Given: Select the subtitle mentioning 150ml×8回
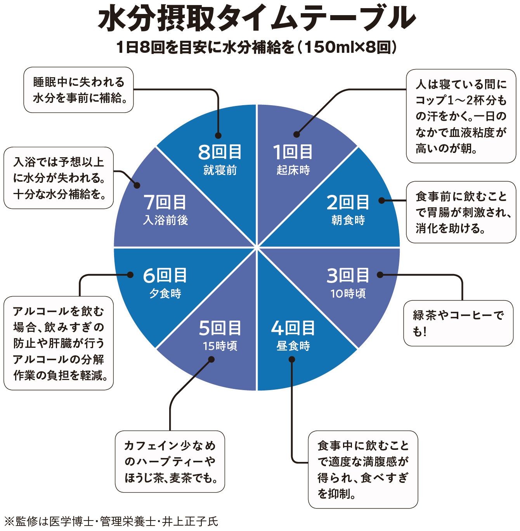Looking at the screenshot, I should click(x=257, y=47).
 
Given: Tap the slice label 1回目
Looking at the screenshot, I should click(x=293, y=152).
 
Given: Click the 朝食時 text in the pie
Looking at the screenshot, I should click(x=348, y=220).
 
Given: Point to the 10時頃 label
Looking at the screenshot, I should click(x=348, y=293).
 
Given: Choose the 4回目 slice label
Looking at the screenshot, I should click(x=293, y=328).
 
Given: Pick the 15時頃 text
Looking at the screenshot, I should click(x=220, y=346).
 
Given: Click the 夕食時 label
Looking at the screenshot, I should click(x=165, y=293).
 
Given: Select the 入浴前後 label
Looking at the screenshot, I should click(x=165, y=220).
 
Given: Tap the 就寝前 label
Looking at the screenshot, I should click(x=220, y=170).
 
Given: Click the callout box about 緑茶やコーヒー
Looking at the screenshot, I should click(x=458, y=323).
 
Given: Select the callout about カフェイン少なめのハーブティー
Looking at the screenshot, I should click(x=170, y=462).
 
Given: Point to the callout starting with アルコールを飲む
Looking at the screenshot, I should click(x=59, y=343).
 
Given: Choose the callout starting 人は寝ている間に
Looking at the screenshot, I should click(x=461, y=116).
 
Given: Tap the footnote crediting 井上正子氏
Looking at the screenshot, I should click(x=111, y=521).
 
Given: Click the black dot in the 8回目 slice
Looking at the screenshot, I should click(x=218, y=136).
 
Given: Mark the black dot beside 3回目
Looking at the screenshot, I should click(x=380, y=275).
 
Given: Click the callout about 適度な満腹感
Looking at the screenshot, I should click(x=363, y=469).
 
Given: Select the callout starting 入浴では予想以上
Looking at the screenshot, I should click(x=59, y=178).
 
